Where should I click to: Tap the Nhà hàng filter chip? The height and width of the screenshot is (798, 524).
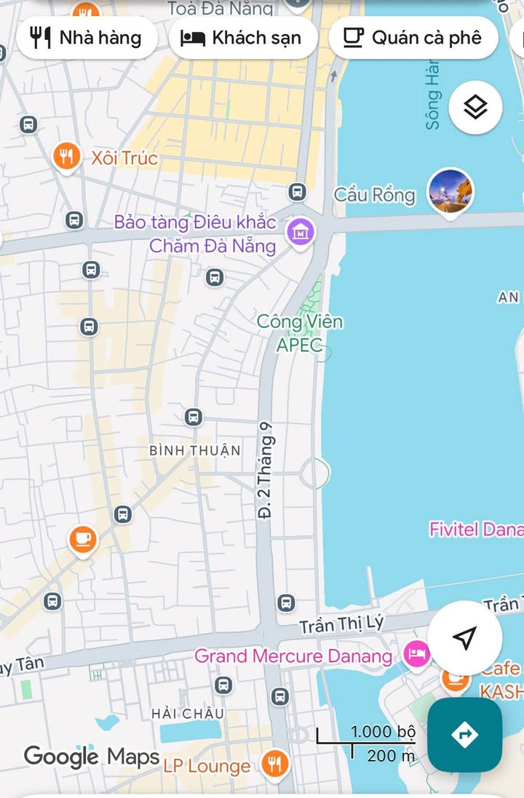[87, 38]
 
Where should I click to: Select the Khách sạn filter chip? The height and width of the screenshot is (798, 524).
[242, 38]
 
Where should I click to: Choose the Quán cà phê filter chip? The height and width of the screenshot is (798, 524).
[413, 38]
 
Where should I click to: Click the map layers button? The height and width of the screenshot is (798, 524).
[475, 108]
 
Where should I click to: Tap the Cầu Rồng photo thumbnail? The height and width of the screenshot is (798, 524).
[450, 193]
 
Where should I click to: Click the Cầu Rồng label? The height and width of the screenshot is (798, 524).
[374, 195]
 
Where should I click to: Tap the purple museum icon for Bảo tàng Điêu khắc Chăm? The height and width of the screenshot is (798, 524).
[299, 232]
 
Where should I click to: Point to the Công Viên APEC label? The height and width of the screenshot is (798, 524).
[299, 332]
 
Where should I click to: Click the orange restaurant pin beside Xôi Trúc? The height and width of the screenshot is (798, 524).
[66, 156]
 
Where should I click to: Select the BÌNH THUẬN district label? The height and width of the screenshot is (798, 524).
[194, 451]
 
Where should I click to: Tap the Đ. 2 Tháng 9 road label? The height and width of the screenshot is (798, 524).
[266, 471]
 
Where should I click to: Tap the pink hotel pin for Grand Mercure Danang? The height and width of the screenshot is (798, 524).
[416, 654]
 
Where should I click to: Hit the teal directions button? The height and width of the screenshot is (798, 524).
[464, 735]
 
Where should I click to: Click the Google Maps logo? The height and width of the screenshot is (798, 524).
[92, 757]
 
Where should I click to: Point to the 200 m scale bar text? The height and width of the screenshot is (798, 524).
[391, 756]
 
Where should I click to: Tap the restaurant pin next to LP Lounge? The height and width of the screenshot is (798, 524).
[275, 764]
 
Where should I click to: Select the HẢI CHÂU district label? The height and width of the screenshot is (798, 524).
[188, 714]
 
